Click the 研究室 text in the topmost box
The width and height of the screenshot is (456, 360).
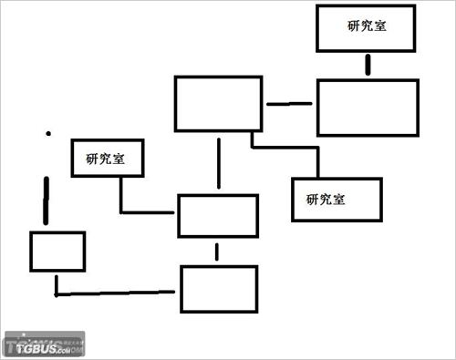point(367,26)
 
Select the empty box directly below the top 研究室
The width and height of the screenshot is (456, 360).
point(368,108)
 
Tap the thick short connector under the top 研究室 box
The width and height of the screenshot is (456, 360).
point(368,66)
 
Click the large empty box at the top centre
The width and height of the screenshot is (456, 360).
point(218,103)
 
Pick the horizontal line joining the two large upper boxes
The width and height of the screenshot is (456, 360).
point(289,104)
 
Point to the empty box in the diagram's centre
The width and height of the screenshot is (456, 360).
point(218,215)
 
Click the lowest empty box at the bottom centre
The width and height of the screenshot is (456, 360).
point(218,288)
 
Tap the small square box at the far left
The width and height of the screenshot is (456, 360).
point(57,252)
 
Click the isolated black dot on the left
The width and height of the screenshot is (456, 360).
point(47,134)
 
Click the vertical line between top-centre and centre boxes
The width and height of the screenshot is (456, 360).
point(218,162)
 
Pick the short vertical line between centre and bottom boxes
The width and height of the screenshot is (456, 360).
point(216,251)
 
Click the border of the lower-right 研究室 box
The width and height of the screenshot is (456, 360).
point(293,199)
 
